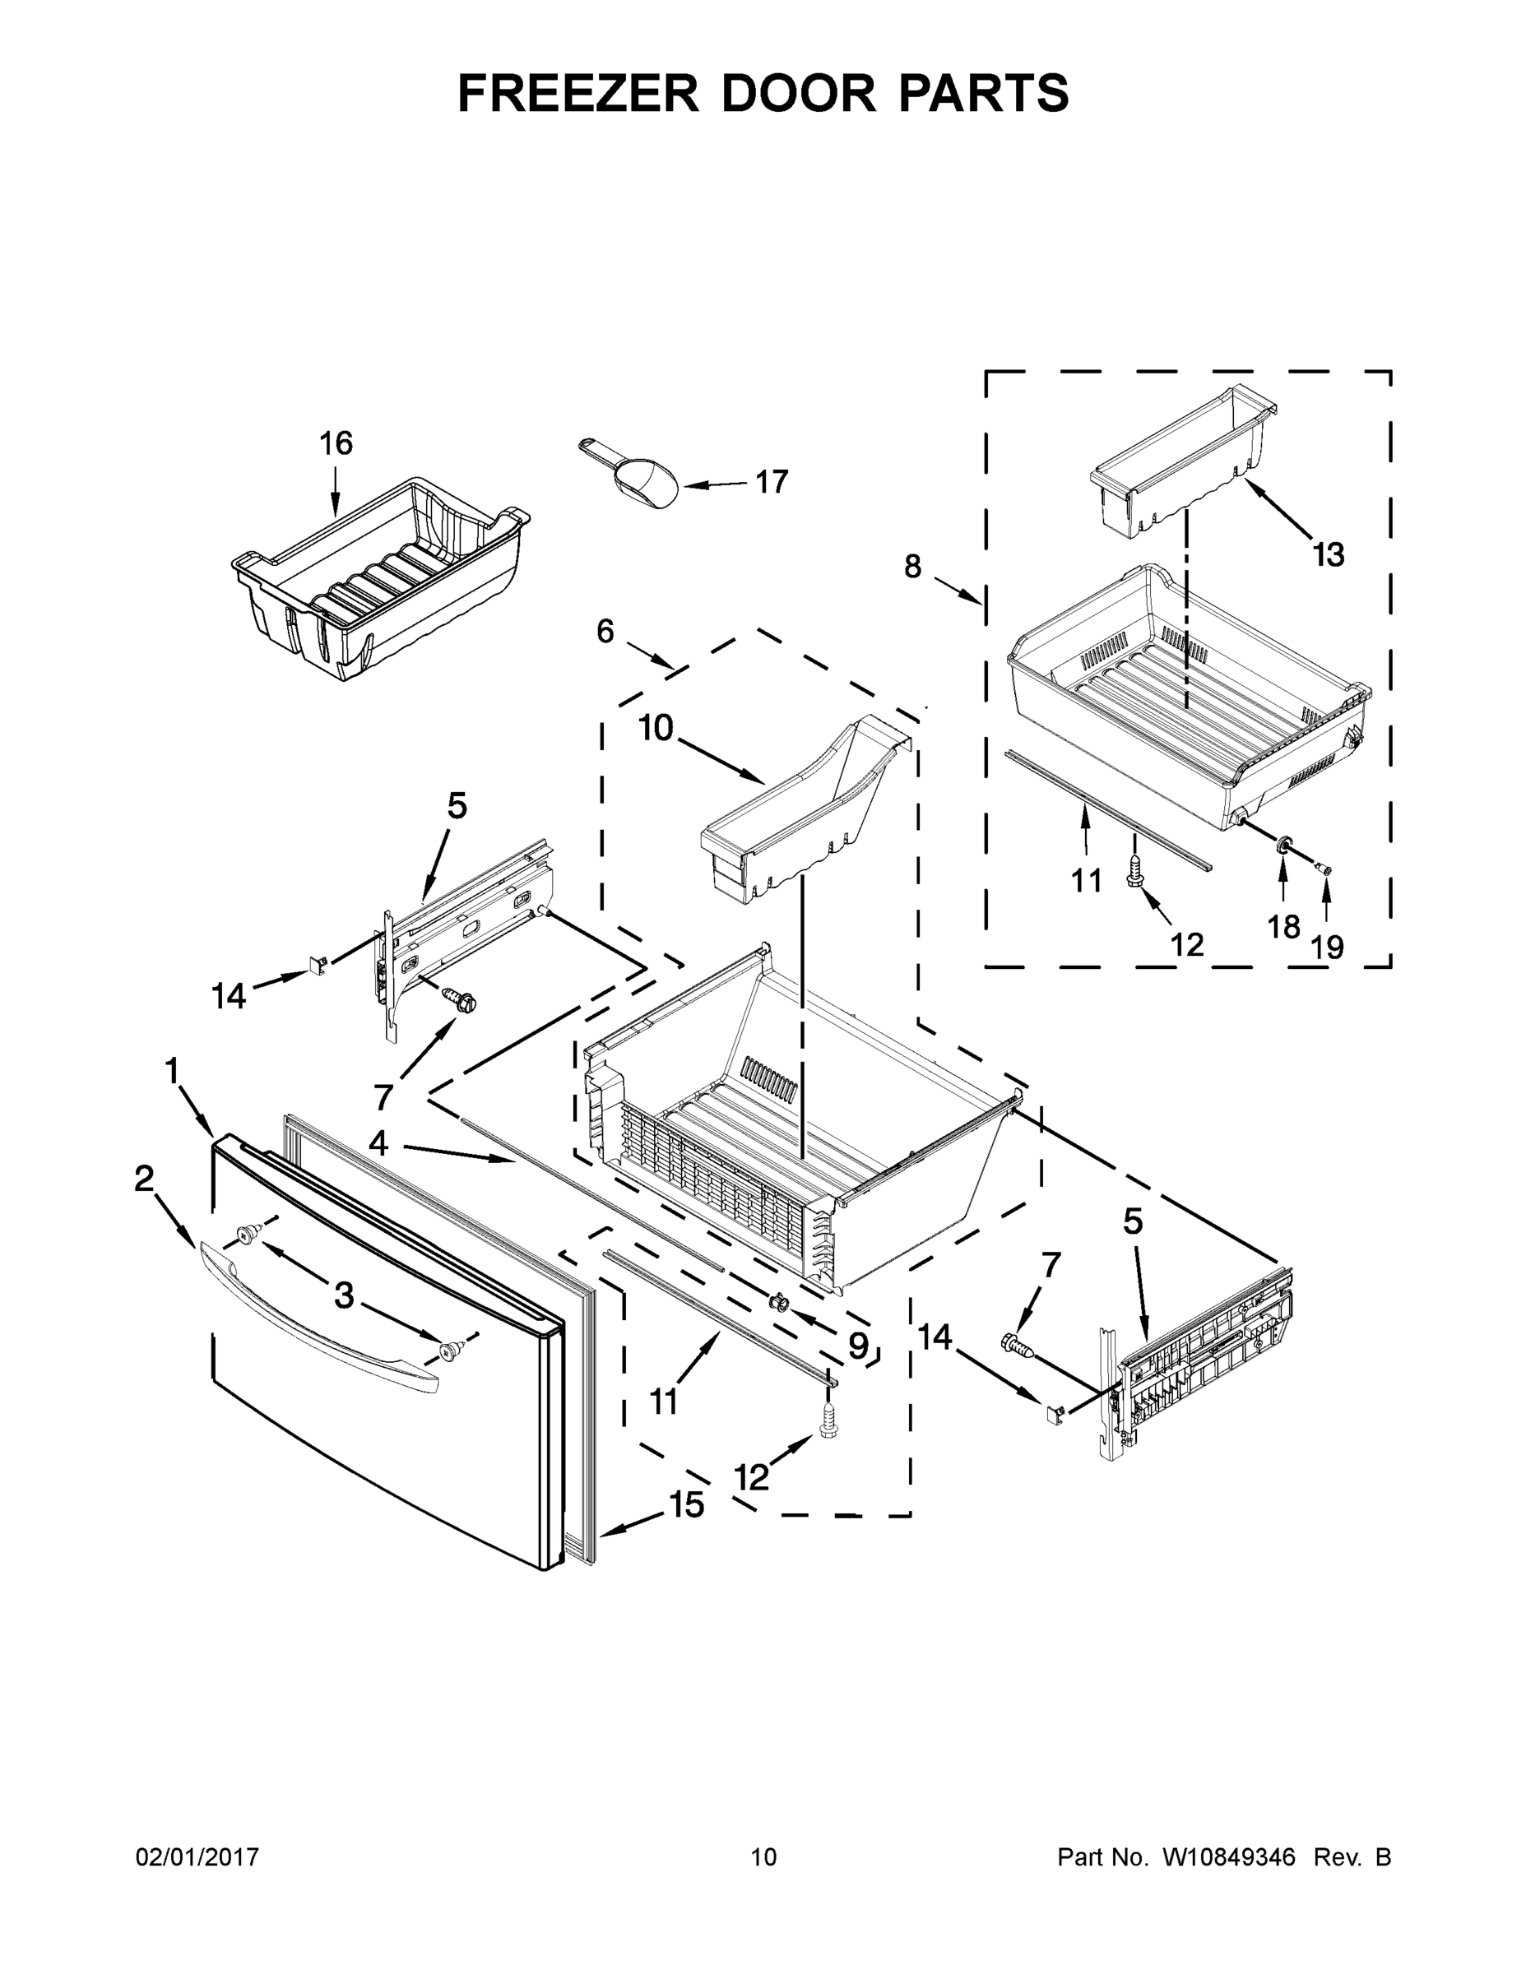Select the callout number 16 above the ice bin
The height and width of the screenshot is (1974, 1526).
[x=336, y=444]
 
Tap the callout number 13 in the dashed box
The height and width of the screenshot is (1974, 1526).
[x=1328, y=555]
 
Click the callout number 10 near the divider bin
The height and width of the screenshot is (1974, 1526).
[x=656, y=728]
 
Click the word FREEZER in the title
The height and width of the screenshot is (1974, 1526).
[x=577, y=93]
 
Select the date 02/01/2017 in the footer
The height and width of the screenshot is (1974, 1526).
[x=197, y=1857]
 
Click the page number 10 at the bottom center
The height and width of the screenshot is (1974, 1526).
[x=763, y=1857]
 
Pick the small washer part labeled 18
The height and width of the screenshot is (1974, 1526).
[x=1282, y=844]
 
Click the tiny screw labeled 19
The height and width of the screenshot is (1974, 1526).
[x=1324, y=869]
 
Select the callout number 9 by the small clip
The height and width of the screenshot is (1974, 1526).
[x=857, y=1346]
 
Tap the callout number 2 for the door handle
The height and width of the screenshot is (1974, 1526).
[x=144, y=1179]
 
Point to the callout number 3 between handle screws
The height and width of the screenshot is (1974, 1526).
[x=345, y=1295]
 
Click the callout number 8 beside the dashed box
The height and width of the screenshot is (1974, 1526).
[x=912, y=567]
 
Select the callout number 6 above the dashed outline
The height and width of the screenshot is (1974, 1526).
[x=605, y=631]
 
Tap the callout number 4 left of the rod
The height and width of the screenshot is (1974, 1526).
[x=378, y=1144]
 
